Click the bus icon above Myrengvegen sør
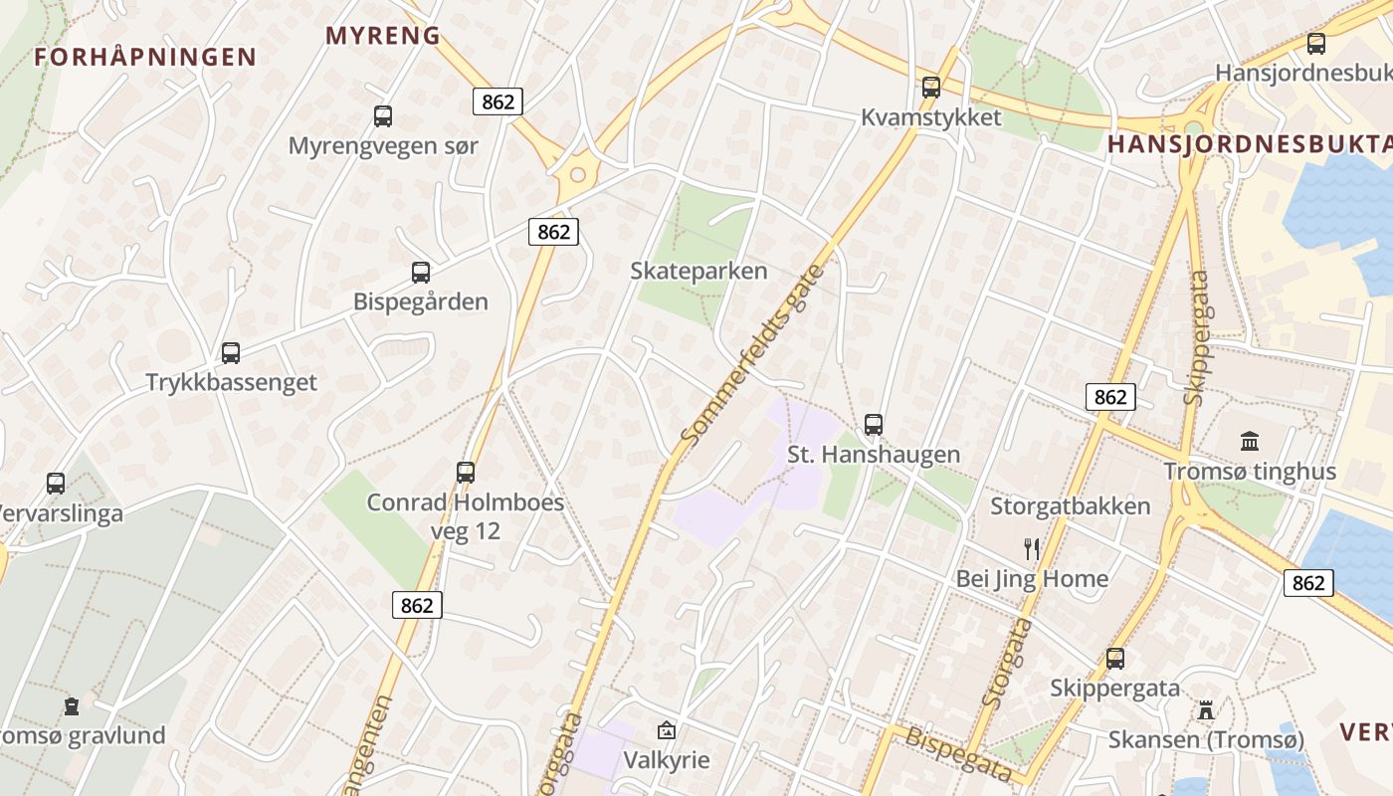383,116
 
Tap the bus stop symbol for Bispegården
421,273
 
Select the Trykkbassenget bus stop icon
231,352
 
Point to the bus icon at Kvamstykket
931,88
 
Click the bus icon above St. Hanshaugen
874,425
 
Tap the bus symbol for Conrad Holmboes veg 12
466,473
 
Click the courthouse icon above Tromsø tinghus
1250,441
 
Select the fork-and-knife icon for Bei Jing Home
1032,548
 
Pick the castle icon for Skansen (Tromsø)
1206,709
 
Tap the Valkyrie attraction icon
667,731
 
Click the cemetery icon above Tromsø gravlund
72,706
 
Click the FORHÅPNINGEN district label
145,57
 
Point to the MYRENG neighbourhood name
383,36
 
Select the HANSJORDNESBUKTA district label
1249,144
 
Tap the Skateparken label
699,271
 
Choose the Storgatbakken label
1070,505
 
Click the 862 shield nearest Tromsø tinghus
1110,398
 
